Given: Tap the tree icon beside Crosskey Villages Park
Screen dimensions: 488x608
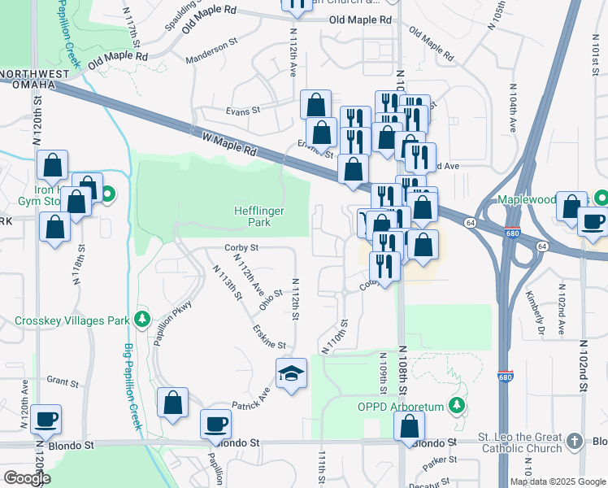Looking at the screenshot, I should [x=143, y=318].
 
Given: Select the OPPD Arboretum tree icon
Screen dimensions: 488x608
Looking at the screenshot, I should [x=458, y=405].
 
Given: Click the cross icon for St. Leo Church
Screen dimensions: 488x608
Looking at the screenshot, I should [x=575, y=441].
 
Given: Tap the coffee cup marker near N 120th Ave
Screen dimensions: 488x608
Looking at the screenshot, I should [x=46, y=420].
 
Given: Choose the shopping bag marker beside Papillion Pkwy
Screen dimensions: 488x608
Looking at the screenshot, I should [x=172, y=402].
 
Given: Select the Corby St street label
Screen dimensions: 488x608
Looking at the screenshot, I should [x=241, y=247].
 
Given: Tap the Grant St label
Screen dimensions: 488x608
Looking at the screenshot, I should [x=61, y=380].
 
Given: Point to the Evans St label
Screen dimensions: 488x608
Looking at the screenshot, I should [x=243, y=110].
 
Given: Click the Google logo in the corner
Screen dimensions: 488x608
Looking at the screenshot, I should [x=27, y=477].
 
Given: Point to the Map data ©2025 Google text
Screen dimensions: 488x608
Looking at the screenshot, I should [x=558, y=481].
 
